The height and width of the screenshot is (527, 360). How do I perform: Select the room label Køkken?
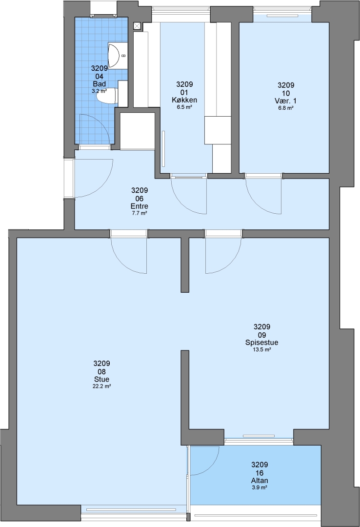(184, 100)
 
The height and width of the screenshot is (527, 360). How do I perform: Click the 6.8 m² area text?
(286, 108)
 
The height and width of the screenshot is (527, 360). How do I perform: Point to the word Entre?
(139, 206)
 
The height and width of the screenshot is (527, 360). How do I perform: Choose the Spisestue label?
(262, 343)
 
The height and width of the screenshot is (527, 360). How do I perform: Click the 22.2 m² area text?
(101, 386)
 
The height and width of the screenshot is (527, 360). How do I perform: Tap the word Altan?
(260, 481)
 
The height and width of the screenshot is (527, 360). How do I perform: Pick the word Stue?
(101, 380)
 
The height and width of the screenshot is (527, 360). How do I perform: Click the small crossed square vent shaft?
(137, 25)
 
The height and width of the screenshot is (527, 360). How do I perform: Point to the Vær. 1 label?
(285, 101)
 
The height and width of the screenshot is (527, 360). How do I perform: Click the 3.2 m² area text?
(99, 91)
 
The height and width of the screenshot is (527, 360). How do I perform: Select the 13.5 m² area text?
(262, 349)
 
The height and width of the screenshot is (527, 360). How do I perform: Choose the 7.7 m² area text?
(139, 213)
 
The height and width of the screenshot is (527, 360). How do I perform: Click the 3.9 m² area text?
(260, 487)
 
